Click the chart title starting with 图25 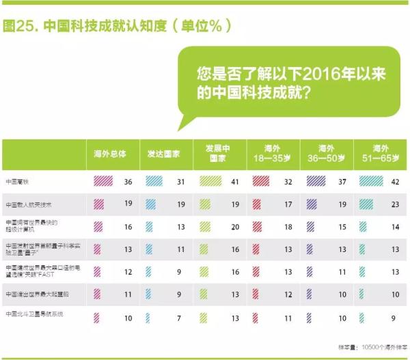click(116, 26)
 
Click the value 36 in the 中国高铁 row click(128, 182)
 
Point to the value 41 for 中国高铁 click(235, 182)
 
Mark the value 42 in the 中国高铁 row click(395, 182)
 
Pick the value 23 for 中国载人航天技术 click(395, 204)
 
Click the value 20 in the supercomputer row click(235, 226)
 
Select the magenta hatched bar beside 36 click(103, 182)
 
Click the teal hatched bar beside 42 click(372, 182)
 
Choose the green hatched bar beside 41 click(212, 182)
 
